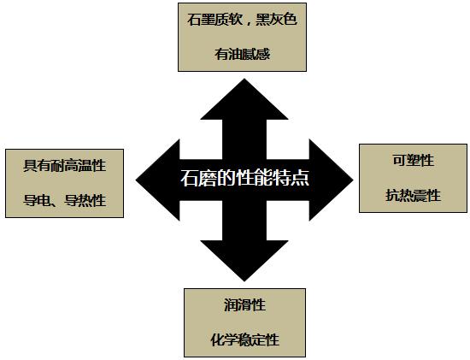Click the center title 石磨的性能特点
[244, 178]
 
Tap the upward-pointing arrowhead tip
[244, 79]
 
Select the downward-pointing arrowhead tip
[244, 281]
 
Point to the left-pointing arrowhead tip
[136, 180]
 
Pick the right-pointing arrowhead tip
[353, 180]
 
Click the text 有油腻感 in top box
[242, 55]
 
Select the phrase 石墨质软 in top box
[214, 20]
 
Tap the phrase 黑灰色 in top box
[276, 20]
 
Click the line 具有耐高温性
[65, 166]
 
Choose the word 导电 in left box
[37, 201]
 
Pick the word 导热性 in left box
[85, 201]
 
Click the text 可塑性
[414, 160]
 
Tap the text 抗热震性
[414, 196]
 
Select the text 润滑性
[245, 305]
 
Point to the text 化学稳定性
[245, 340]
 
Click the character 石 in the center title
[190, 178]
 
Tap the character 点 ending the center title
[300, 178]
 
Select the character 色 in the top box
[291, 20]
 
